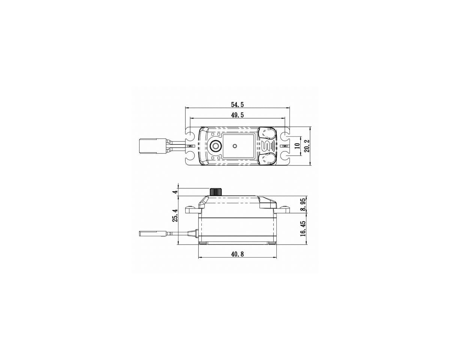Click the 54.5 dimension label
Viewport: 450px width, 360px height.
coord(237,105)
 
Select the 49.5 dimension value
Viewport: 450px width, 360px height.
coord(237,115)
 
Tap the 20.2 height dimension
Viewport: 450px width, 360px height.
coord(307,146)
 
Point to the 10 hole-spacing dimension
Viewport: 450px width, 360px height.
coord(297,146)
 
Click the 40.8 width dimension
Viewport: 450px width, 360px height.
coord(237,254)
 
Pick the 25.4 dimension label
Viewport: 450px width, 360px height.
coord(175,215)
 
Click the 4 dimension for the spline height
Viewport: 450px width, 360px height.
coord(175,191)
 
